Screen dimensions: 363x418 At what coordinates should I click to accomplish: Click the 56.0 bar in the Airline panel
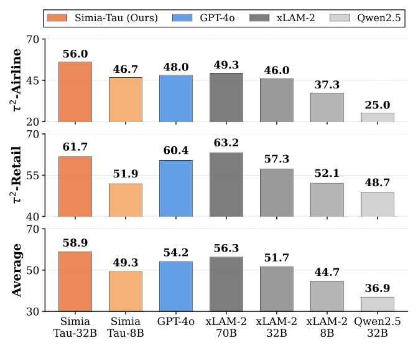tap(75, 92)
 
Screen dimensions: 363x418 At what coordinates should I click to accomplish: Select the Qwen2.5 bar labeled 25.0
tap(378, 117)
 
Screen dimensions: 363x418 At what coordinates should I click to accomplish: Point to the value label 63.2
tap(226, 143)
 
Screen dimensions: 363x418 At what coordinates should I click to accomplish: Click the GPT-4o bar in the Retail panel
tap(176, 188)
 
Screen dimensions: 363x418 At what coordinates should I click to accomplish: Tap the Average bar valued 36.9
tap(378, 304)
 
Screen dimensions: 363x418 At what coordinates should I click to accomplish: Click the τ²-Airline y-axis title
tap(17, 80)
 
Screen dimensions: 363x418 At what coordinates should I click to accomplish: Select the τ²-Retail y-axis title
tap(17, 175)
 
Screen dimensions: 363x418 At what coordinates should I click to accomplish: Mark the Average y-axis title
tap(17, 270)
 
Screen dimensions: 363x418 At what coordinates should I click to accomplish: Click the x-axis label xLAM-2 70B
tap(226, 327)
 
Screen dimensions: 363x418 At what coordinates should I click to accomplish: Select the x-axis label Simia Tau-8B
tap(126, 327)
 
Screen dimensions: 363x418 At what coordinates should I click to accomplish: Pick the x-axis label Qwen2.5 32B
tap(378, 327)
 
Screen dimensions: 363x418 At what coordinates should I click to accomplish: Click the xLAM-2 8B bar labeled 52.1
tap(327, 199)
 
